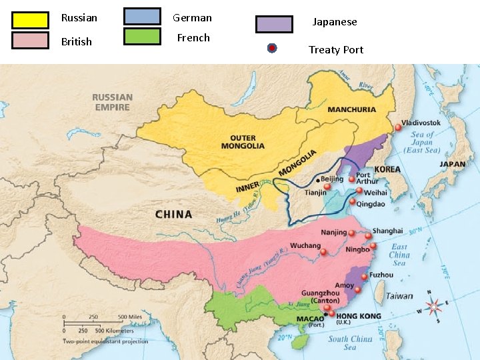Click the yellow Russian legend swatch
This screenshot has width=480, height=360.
(x=30, y=20)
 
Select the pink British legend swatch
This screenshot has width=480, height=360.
(x=30, y=40)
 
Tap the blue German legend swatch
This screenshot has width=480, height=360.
(x=142, y=16)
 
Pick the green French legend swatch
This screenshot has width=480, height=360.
(x=142, y=36)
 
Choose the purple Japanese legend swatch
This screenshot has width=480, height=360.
(x=274, y=24)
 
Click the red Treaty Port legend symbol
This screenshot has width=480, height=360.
(x=272, y=48)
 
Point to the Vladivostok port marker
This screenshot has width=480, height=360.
(x=398, y=127)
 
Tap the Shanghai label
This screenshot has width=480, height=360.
(x=387, y=231)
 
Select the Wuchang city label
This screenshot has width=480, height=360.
(x=305, y=245)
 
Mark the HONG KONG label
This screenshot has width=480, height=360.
(x=359, y=315)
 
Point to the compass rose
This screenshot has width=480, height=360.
(x=434, y=307)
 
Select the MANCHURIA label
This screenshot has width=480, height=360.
(x=352, y=109)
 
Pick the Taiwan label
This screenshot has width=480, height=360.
(x=399, y=296)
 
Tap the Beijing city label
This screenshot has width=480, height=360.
(x=331, y=179)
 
